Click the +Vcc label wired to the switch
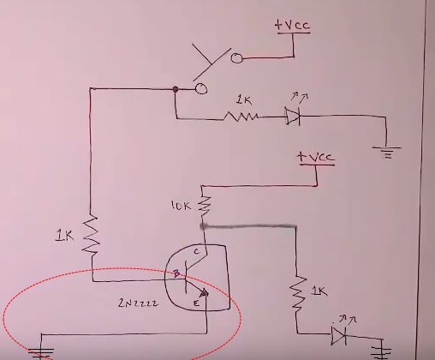click(x=293, y=25)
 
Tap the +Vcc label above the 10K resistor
click(x=316, y=157)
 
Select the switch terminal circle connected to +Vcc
click(x=236, y=58)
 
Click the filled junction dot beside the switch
click(x=176, y=89)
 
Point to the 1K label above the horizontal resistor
click(x=244, y=100)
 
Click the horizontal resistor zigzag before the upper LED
click(x=241, y=117)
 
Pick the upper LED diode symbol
click(x=293, y=116)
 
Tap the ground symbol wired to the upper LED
click(x=387, y=152)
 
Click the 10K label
click(x=181, y=206)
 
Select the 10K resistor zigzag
click(x=205, y=206)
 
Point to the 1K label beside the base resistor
click(x=64, y=236)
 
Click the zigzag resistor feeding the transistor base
click(x=91, y=235)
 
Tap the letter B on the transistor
click(x=176, y=273)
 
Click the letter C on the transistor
click(x=197, y=251)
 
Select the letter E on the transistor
click(x=196, y=303)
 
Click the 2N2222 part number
click(x=138, y=303)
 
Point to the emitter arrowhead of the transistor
click(x=204, y=293)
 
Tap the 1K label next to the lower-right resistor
click(x=319, y=291)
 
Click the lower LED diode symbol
click(x=339, y=335)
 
